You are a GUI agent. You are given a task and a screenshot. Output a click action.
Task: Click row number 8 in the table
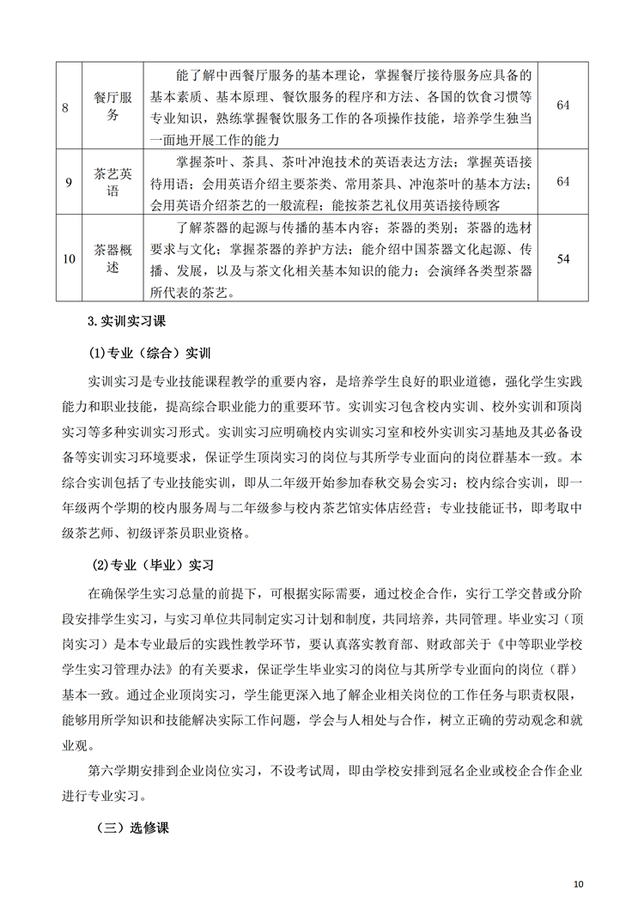tap(67, 105)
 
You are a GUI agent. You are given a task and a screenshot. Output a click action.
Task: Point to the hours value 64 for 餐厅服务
tap(563, 105)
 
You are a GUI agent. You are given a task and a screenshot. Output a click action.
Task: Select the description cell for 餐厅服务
tap(340, 105)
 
